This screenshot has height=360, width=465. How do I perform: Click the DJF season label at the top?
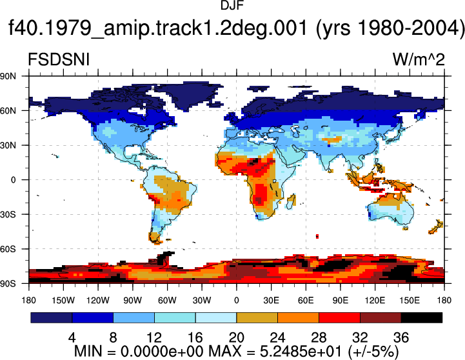coord(232,5)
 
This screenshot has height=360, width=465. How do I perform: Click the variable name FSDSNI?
coord(59,60)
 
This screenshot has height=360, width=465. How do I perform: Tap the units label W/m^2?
coord(419,60)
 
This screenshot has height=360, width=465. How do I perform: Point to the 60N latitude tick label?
coord(8,110)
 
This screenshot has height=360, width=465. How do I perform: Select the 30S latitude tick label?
coord(8,214)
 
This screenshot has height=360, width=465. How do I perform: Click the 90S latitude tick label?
coord(8,283)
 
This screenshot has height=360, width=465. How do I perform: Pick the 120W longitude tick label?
coord(98,301)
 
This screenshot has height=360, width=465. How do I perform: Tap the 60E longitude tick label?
coord(306,301)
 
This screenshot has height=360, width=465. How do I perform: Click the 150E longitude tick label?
coord(410,301)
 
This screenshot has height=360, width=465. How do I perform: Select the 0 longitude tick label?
coord(236,301)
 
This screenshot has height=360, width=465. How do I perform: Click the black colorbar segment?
coord(421,317)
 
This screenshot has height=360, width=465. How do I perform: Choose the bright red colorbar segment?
coord(339,317)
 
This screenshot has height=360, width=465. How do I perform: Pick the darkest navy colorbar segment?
coord(52,317)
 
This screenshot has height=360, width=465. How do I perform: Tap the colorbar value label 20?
coord(236,337)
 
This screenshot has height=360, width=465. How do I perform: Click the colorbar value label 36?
coord(401,337)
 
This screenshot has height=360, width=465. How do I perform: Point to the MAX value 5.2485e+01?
coord(301,352)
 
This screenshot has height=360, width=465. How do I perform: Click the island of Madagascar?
coord(292,201)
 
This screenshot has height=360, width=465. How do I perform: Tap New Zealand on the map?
coord(436,227)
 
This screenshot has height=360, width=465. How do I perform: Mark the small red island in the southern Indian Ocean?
coord(317,236)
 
